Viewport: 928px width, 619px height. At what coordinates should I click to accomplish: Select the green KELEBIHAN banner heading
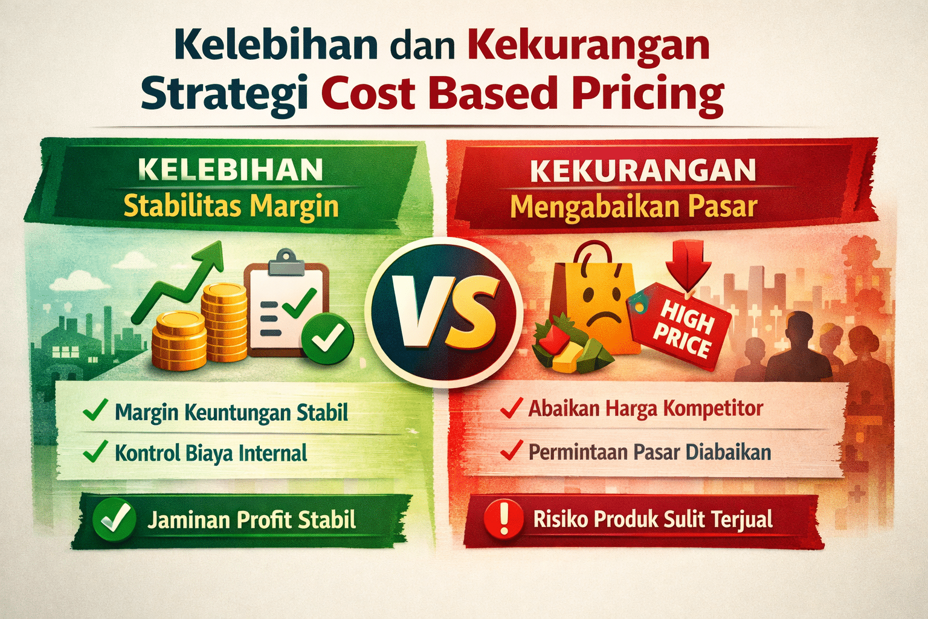point(230,170)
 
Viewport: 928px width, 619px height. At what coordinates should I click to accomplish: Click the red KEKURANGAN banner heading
point(643,171)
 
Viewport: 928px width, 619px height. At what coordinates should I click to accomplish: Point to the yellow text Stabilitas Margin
point(231,206)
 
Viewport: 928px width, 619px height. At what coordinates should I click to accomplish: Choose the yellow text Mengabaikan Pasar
point(633,207)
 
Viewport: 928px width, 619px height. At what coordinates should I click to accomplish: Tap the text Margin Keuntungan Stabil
point(231,413)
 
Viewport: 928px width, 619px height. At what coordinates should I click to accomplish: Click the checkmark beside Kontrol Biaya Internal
point(95,452)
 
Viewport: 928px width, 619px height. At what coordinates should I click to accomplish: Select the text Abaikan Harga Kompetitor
point(646,409)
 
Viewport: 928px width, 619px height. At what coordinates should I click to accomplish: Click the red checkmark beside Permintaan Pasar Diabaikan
point(511,451)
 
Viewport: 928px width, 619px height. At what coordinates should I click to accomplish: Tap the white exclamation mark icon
point(503,519)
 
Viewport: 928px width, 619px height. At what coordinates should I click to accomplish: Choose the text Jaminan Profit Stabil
point(251,520)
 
